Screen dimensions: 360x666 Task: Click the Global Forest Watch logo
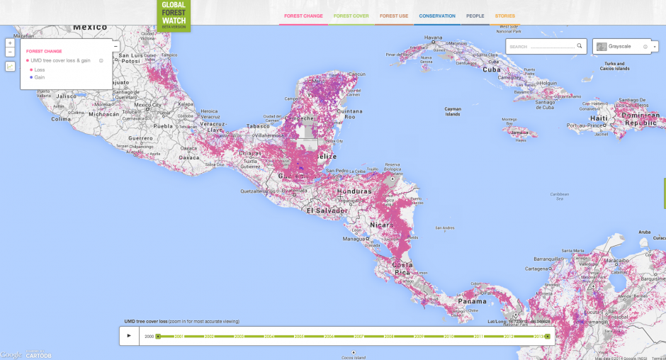pyautogui.click(x=174, y=13)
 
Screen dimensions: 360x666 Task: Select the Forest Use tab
pyautogui.click(x=394, y=16)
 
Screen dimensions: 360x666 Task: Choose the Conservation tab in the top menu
pyautogui.click(x=437, y=16)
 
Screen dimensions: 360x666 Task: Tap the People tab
pyautogui.click(x=475, y=16)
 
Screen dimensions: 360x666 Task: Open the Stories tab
pyautogui.click(x=505, y=16)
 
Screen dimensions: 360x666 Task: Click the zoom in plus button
pyautogui.click(x=10, y=43)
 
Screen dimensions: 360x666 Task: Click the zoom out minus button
pyautogui.click(x=10, y=52)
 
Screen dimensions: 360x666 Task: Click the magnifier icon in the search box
pyautogui.click(x=580, y=46)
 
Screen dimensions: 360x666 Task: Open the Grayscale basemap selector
pyautogui.click(x=622, y=47)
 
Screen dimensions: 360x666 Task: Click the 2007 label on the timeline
pyautogui.click(x=359, y=336)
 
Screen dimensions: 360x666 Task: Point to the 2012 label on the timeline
pyautogui.click(x=509, y=336)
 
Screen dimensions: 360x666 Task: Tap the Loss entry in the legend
pyautogui.click(x=40, y=69)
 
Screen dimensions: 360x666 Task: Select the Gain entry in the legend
pyautogui.click(x=40, y=77)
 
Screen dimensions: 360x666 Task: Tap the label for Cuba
pyautogui.click(x=491, y=69)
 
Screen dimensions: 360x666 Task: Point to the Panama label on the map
pyautogui.click(x=472, y=301)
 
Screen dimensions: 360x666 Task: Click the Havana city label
pyautogui.click(x=433, y=38)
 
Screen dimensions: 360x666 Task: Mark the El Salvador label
pyautogui.click(x=327, y=210)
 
